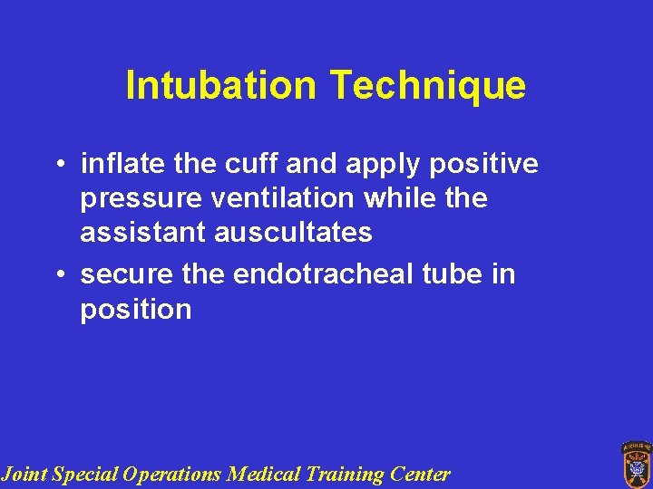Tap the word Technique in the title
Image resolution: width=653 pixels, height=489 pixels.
click(427, 86)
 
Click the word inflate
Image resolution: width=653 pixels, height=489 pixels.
click(115, 164)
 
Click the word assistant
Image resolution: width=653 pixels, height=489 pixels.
click(143, 232)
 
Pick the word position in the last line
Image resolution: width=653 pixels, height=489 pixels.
click(136, 310)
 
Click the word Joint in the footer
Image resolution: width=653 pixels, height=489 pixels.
click(24, 474)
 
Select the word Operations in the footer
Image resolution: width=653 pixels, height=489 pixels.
click(173, 474)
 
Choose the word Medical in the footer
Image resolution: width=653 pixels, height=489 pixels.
click(264, 474)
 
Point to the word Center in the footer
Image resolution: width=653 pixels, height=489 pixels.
click(420, 474)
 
